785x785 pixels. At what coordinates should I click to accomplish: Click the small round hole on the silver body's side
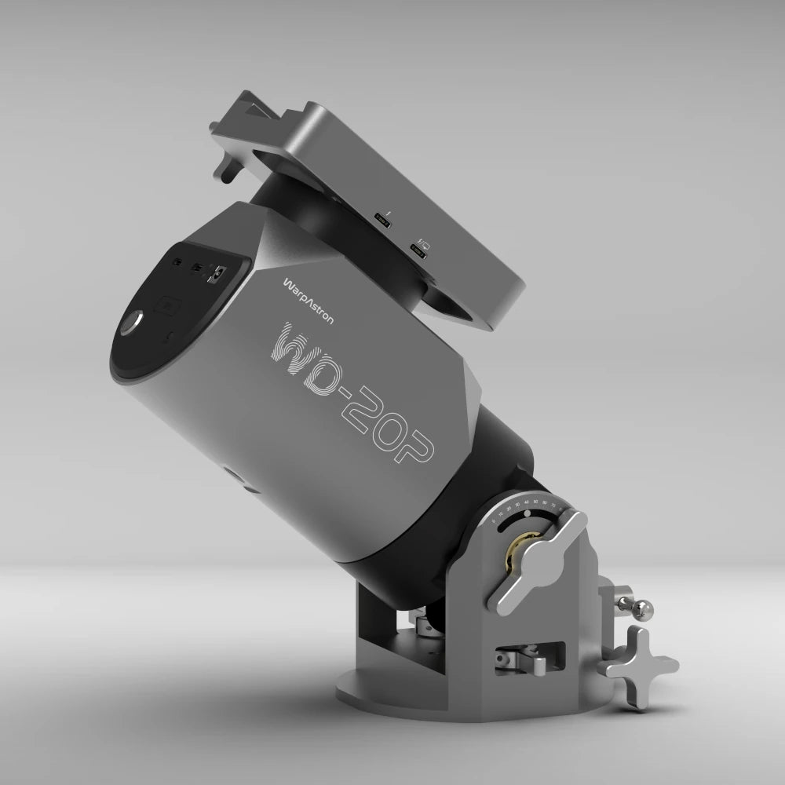point(228,473)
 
